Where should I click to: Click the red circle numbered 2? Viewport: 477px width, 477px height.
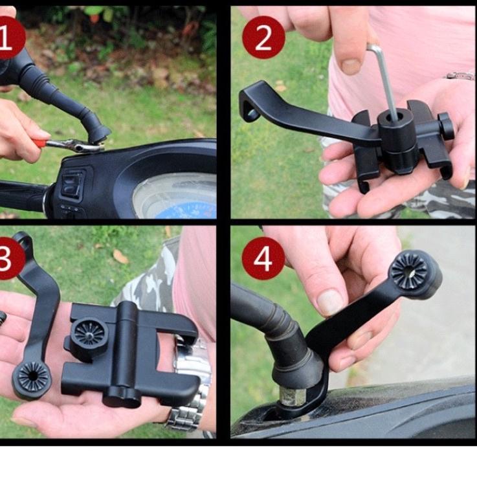click(x=263, y=38)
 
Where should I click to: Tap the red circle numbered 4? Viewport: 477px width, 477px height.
click(x=263, y=258)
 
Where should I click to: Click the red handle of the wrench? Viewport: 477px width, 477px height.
click(x=41, y=142)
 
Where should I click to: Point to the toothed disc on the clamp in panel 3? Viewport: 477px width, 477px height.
click(x=89, y=334)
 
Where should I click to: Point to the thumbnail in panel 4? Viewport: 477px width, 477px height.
click(x=330, y=302)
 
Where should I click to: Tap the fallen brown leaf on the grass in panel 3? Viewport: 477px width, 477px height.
click(x=121, y=256)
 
